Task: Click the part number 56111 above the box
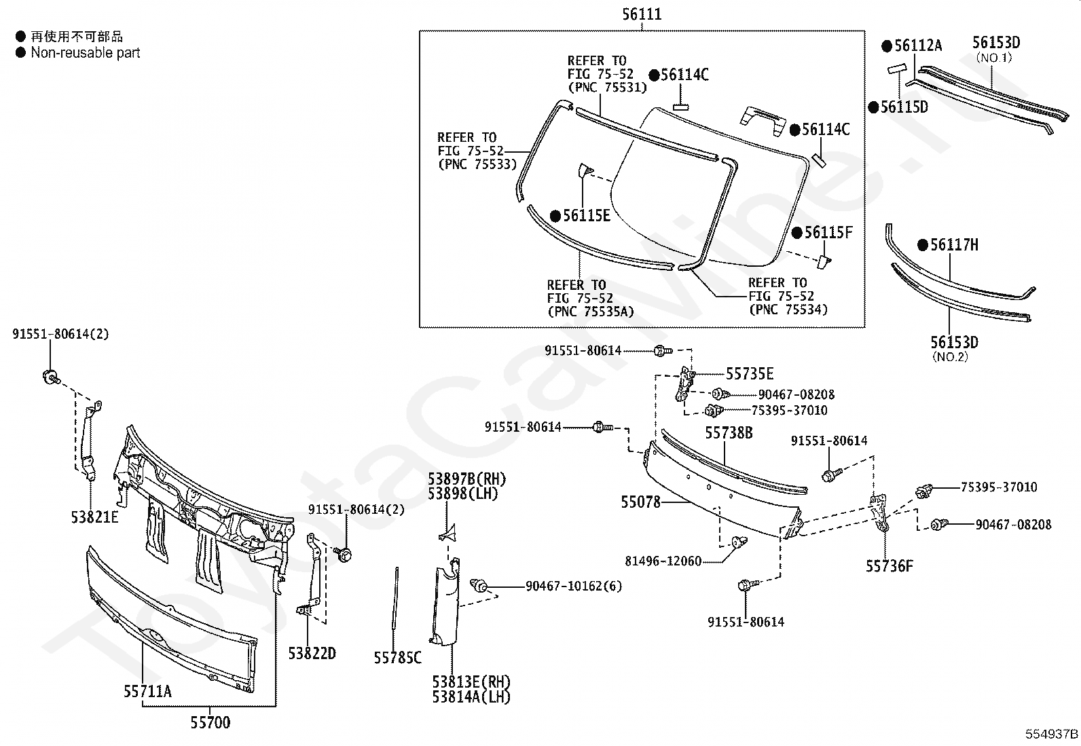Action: (x=642, y=14)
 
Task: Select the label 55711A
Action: (x=147, y=691)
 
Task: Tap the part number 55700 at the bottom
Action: (x=210, y=722)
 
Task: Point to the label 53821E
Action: (x=94, y=517)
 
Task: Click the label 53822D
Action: (x=312, y=653)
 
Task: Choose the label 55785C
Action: (x=397, y=657)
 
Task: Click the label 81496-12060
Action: (x=663, y=561)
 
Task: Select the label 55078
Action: (x=640, y=502)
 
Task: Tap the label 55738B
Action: (x=729, y=432)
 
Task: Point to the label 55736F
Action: (x=889, y=565)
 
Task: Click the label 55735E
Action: (x=750, y=374)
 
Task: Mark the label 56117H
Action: (x=954, y=245)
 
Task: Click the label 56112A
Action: (x=918, y=45)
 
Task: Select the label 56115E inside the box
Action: (x=586, y=216)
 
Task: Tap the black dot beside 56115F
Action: (x=796, y=233)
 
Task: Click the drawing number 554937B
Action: (x=1052, y=734)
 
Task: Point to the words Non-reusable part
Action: (x=85, y=52)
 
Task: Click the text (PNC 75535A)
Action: (x=590, y=311)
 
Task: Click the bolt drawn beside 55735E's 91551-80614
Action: (x=661, y=351)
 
